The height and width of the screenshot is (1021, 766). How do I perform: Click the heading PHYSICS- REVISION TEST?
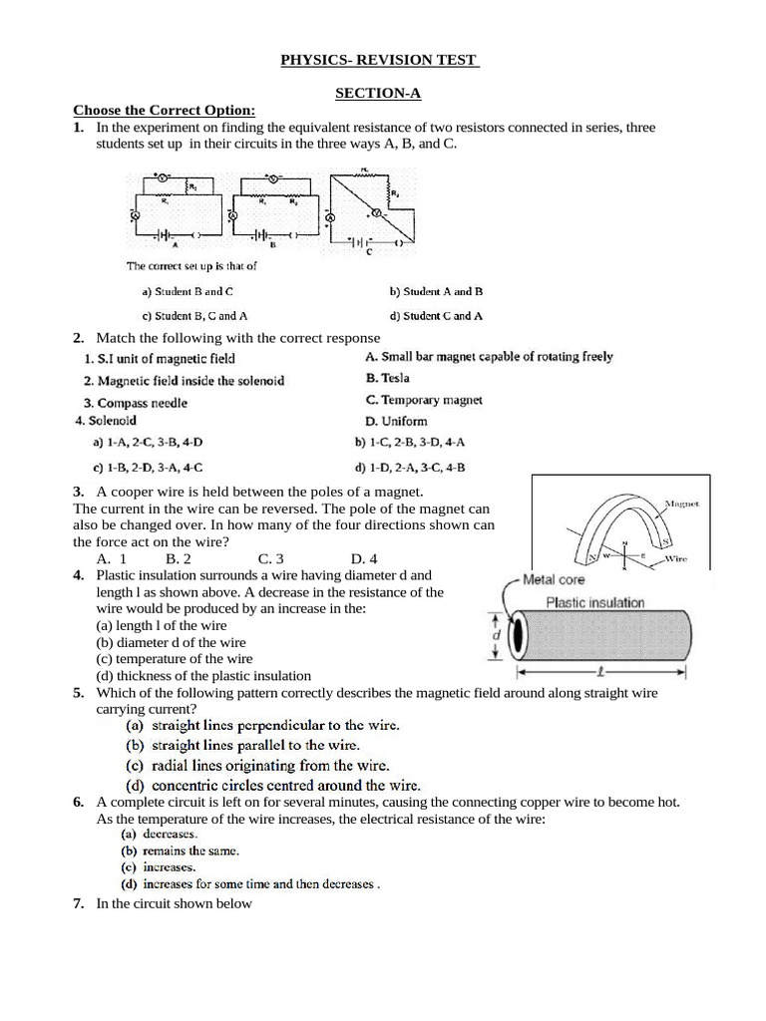(x=381, y=62)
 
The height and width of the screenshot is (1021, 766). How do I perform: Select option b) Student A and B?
(x=436, y=292)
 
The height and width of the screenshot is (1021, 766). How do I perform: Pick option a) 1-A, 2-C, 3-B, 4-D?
(x=147, y=442)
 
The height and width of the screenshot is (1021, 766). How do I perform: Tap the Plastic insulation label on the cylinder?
(x=595, y=602)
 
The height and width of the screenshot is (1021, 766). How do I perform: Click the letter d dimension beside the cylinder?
(x=497, y=635)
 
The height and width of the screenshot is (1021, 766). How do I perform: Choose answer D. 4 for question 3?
(x=364, y=559)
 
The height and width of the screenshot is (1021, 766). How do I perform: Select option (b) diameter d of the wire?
(x=171, y=642)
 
